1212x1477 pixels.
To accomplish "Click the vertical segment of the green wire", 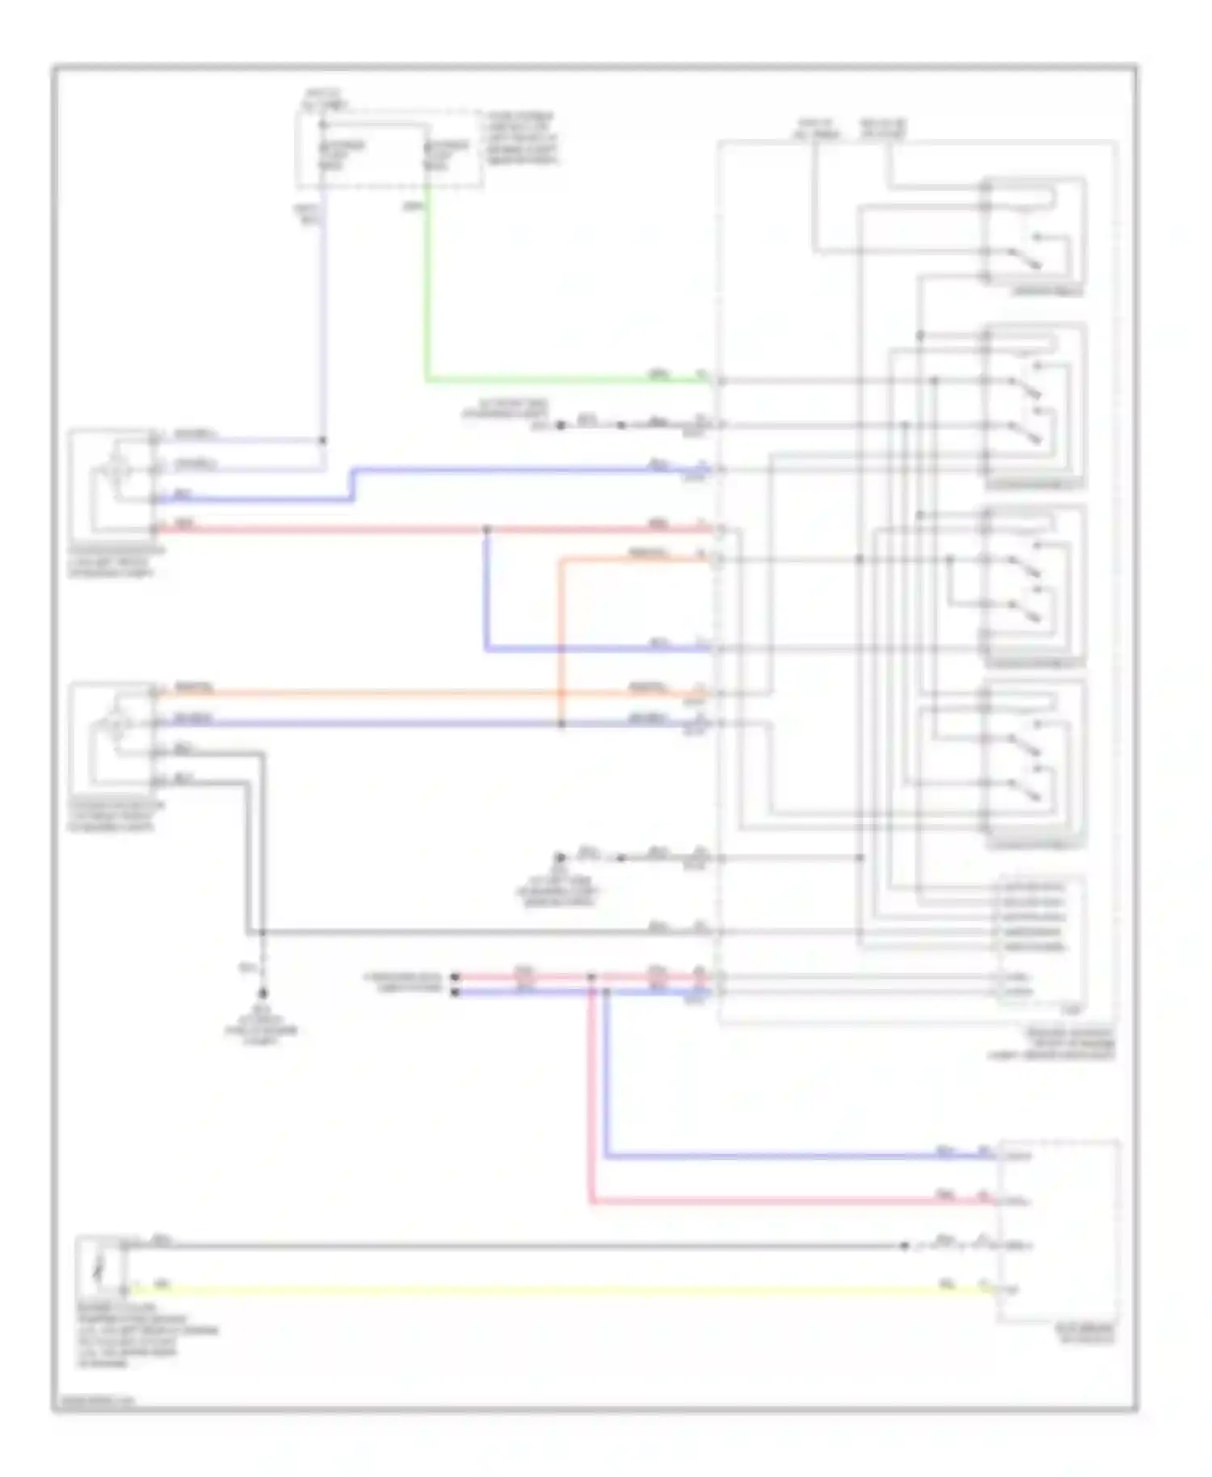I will [427, 283].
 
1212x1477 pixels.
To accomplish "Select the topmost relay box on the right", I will [1034, 234].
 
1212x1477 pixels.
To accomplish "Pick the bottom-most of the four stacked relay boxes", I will [1034, 764].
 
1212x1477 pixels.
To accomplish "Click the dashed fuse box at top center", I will [390, 150].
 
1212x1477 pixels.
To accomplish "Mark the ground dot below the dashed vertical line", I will [263, 993].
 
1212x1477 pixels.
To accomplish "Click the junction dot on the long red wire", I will [486, 529].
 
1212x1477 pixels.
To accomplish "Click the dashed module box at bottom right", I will [1058, 1232].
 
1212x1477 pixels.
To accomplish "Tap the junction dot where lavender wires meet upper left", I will [322, 440].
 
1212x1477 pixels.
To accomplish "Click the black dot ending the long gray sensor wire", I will [905, 1246].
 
